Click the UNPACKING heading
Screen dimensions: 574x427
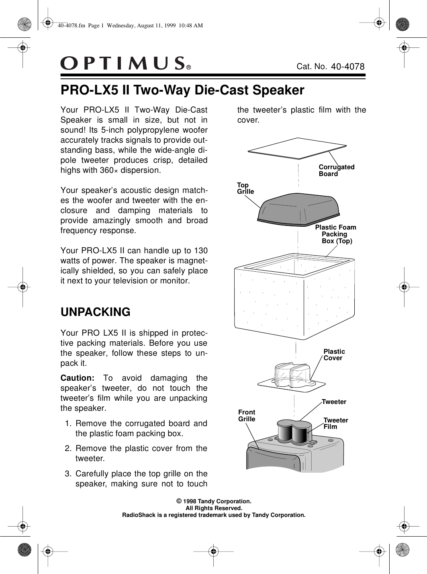pos(95,312)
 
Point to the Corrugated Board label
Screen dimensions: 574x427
pos(336,170)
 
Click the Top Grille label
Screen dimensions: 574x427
pos(245,189)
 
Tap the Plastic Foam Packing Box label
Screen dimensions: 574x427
pos(335,234)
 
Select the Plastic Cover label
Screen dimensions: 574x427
pos(334,355)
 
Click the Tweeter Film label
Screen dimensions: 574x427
pos(335,423)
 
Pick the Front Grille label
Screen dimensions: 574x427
pos(247,416)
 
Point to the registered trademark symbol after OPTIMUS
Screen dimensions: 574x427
pos(188,68)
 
